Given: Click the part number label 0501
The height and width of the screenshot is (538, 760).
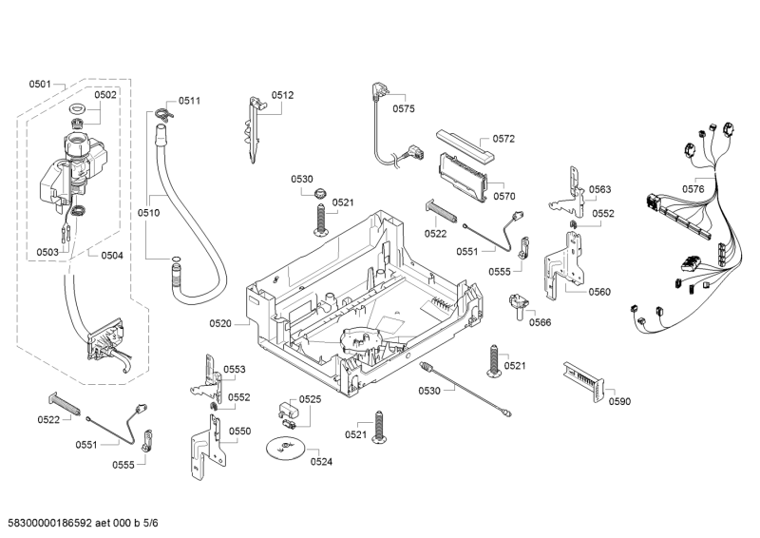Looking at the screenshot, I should pyautogui.click(x=40, y=85).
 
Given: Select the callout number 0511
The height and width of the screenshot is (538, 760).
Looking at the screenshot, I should pyautogui.click(x=189, y=101).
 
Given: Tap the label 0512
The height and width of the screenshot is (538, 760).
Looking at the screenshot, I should pyautogui.click(x=282, y=95).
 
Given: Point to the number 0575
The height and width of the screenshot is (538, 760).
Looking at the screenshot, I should pyautogui.click(x=404, y=109).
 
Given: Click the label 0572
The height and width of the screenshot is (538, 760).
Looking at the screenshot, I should pyautogui.click(x=503, y=139).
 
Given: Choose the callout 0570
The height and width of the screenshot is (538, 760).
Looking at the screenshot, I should pyautogui.click(x=503, y=196).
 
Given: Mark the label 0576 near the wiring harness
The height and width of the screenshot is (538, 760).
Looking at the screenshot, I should pyautogui.click(x=693, y=189).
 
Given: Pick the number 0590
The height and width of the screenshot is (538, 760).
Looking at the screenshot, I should pyautogui.click(x=619, y=401).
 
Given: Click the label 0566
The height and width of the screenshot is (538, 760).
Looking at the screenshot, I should pyautogui.click(x=541, y=322).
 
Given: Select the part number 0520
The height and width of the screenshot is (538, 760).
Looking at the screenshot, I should pyautogui.click(x=220, y=324).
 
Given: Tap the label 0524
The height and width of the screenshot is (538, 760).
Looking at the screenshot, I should pyautogui.click(x=321, y=463).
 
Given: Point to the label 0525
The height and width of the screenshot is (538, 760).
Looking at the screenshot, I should pyautogui.click(x=311, y=399).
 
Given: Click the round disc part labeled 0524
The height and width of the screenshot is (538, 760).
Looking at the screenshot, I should pyautogui.click(x=284, y=448).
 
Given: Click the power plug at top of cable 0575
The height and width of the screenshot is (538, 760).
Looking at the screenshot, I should pyautogui.click(x=377, y=91).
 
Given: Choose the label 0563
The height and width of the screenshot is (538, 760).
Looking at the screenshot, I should pyautogui.click(x=599, y=189).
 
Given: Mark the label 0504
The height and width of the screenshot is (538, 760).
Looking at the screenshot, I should pyautogui.click(x=112, y=255).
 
